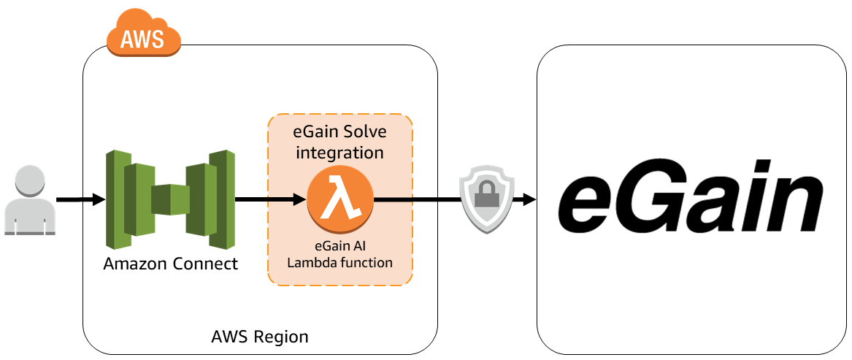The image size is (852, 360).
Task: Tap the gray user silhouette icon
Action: point(30,200)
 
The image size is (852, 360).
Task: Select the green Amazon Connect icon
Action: point(170,199)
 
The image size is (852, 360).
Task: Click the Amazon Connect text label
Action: point(171,264)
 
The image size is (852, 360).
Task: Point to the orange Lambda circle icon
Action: point(340,199)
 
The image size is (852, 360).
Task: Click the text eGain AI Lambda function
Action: point(340,255)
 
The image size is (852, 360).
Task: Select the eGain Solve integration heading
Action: point(340,142)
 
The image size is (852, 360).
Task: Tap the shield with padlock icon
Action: point(483,200)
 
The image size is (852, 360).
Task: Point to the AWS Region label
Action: point(260,337)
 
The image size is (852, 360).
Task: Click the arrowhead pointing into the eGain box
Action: point(527,199)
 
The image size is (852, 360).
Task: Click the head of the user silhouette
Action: point(30,182)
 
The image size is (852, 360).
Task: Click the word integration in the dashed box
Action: point(340,153)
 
